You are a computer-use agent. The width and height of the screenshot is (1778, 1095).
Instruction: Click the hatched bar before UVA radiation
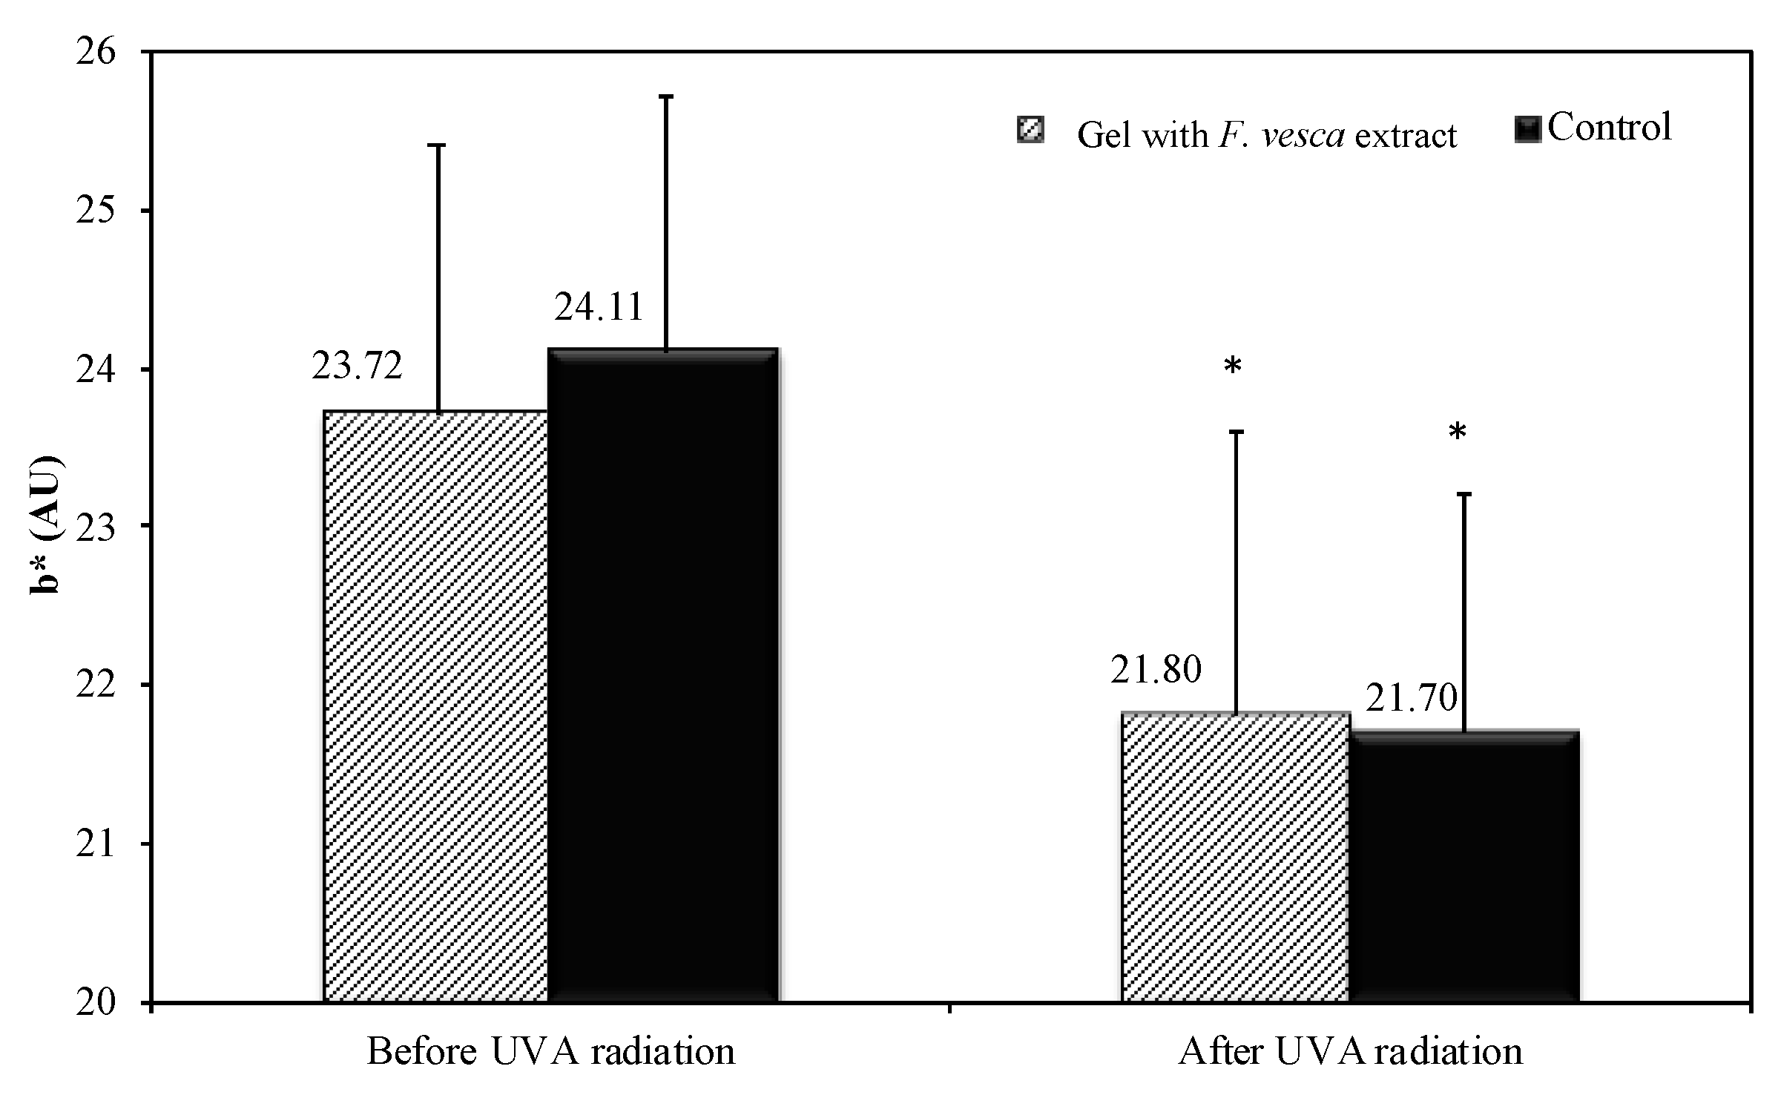[x=435, y=705]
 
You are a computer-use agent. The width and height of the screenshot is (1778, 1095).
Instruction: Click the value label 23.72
[x=357, y=366]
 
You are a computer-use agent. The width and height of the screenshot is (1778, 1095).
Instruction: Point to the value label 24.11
[x=599, y=307]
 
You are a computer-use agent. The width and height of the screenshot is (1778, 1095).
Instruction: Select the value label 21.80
[x=1155, y=670]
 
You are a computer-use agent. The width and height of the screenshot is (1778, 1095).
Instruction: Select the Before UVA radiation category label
[x=550, y=1052]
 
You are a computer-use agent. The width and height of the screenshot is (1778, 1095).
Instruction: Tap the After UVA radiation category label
[x=1350, y=1052]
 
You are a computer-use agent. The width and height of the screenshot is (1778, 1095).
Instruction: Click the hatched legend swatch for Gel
[x=1030, y=131]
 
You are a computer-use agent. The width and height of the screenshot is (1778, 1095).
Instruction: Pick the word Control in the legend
[x=1609, y=128]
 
